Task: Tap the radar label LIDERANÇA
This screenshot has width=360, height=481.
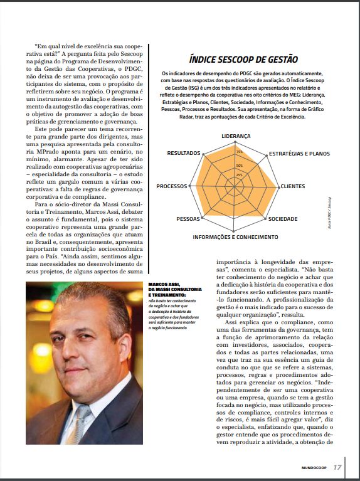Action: click(236, 136)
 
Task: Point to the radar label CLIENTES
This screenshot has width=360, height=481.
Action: click(293, 186)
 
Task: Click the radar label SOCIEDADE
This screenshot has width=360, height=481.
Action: click(283, 219)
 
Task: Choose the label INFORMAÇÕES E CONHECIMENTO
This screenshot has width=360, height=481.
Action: click(235, 237)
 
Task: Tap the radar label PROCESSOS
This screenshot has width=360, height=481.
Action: click(172, 186)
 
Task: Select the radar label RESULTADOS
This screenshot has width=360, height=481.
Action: click(184, 153)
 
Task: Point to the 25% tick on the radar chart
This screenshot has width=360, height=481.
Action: click(239, 174)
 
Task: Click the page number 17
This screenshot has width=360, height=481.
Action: click(337, 467)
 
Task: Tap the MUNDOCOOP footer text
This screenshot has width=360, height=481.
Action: click(312, 467)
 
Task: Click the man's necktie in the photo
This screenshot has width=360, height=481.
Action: click(82, 426)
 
